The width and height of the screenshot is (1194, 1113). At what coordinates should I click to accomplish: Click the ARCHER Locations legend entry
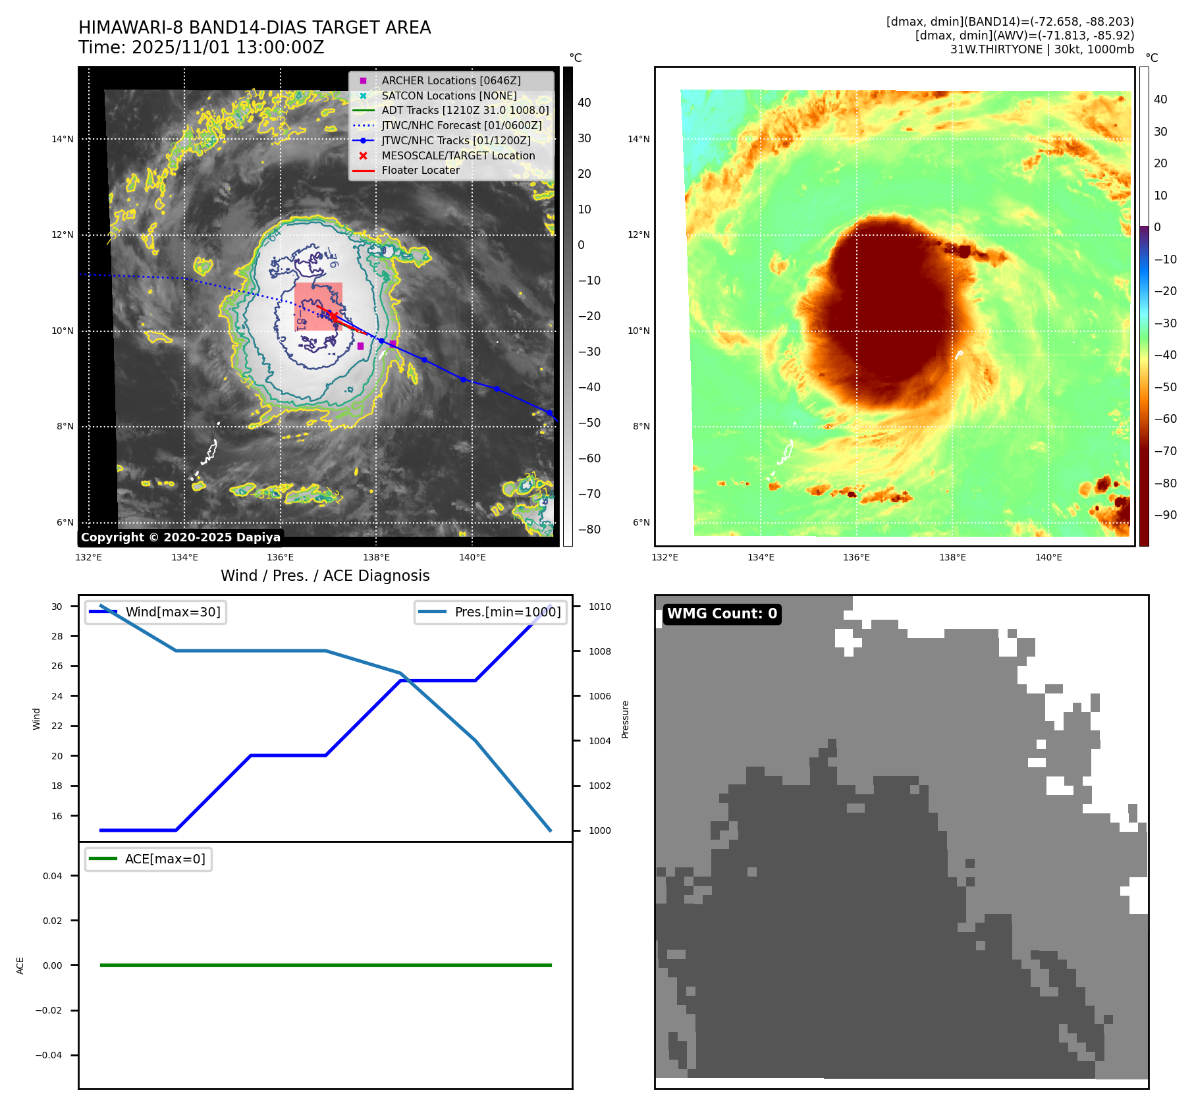[x=451, y=80]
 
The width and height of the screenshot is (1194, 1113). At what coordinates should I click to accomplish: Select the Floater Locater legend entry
[x=420, y=170]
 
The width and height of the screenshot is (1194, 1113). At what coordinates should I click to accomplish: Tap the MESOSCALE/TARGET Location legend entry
[x=458, y=155]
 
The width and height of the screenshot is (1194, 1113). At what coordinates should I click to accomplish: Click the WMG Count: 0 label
[x=722, y=614]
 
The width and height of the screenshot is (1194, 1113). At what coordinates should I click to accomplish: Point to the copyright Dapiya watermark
[x=180, y=537]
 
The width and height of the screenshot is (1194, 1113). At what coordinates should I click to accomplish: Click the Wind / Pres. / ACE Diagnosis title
[x=325, y=576]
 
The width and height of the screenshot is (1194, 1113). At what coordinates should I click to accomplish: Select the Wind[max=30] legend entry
[x=173, y=612]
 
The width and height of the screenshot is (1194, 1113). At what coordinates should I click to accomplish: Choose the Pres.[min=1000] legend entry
[x=507, y=612]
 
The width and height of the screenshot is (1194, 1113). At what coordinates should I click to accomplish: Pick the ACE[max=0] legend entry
[x=165, y=859]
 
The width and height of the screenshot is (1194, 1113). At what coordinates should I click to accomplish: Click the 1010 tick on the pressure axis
[x=600, y=607]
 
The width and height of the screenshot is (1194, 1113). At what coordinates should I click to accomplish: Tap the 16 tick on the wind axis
[x=57, y=816]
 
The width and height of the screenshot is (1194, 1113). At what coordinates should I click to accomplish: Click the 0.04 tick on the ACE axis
[x=53, y=876]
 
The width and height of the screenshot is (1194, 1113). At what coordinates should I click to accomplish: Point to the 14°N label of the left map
[x=63, y=139]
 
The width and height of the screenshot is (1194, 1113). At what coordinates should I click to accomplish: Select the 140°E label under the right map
[x=1048, y=557]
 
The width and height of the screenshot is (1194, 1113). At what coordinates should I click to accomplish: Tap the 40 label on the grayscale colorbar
[x=584, y=103]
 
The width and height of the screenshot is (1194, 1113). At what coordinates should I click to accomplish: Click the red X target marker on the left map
[x=334, y=317]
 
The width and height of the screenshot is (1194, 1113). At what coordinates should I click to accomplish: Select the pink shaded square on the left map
[x=318, y=307]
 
